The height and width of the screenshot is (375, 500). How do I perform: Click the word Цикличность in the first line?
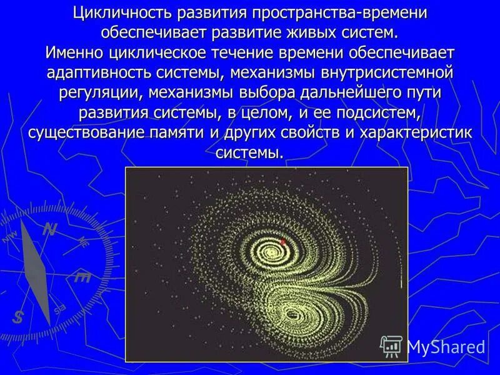pos(122,13)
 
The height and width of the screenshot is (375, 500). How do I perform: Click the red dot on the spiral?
pos(282,241)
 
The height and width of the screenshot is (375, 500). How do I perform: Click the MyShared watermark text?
pos(446,347)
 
